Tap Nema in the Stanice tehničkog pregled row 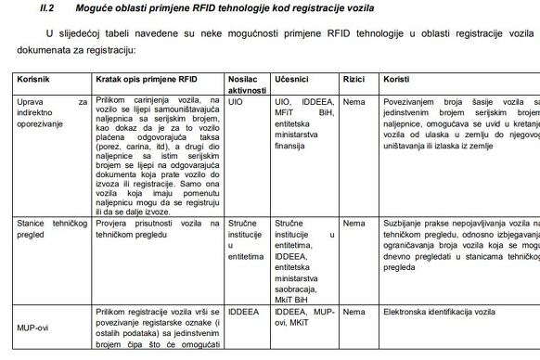coord(354,224)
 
